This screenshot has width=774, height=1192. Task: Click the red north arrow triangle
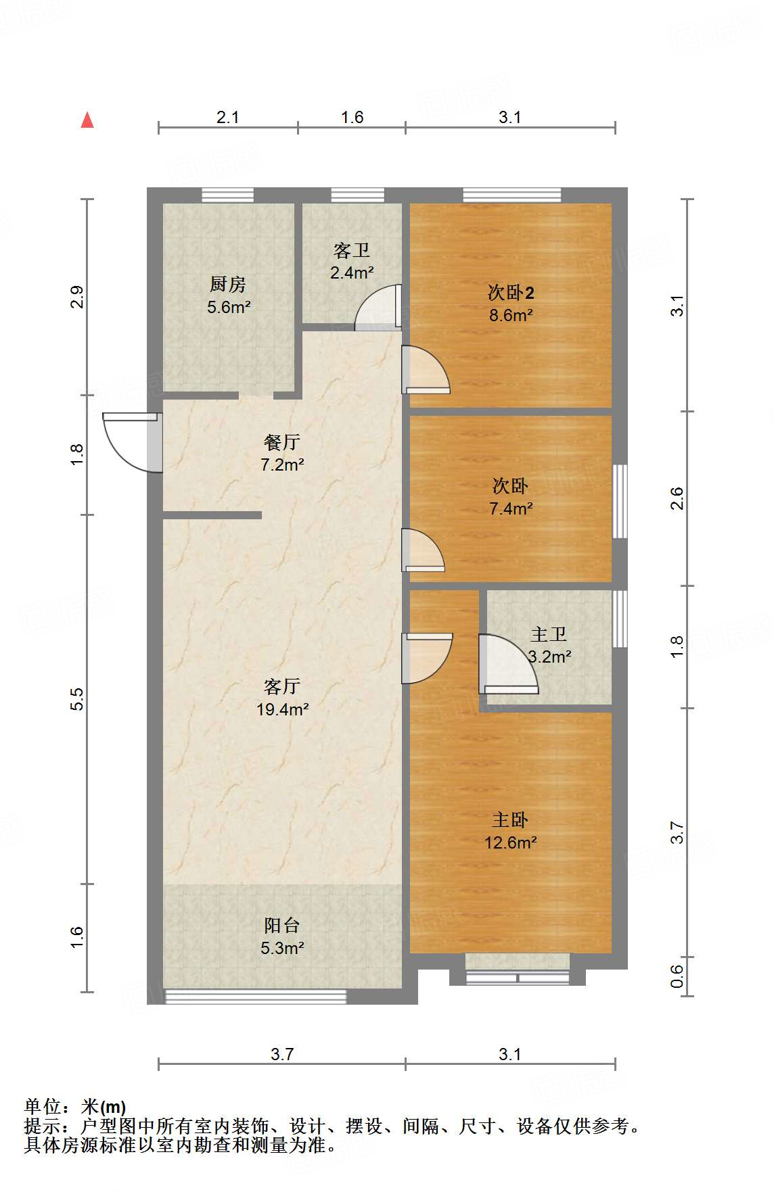[87, 120]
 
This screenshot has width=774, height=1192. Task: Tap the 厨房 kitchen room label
[228, 284]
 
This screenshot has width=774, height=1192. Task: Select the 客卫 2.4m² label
[352, 262]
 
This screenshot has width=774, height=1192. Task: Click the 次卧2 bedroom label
[511, 293]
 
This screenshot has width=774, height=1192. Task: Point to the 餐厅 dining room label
[282, 442]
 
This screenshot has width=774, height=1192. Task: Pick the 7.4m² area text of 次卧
[511, 508]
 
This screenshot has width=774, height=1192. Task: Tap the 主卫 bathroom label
[549, 634]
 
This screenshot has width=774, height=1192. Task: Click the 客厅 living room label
[282, 686]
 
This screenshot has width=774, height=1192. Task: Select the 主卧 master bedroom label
[510, 819]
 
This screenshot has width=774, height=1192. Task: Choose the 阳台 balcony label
[282, 925]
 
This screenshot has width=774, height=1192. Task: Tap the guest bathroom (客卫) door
[378, 308]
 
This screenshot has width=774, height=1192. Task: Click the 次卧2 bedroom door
[426, 369]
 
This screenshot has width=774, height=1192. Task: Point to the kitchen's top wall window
[228, 195]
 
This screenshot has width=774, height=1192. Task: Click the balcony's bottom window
[256, 996]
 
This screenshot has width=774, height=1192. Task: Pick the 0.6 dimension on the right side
[677, 976]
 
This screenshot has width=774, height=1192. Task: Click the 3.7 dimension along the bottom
[282, 1054]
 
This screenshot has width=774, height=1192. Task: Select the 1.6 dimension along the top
[352, 117]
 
